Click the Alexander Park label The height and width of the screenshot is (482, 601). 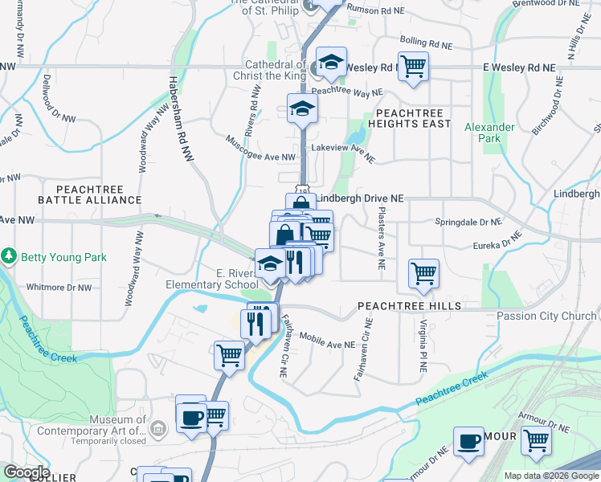pyautogui.click(x=489, y=133)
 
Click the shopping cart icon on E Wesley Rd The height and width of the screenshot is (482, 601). pyautogui.click(x=413, y=67)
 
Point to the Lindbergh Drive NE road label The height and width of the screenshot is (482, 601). pyautogui.click(x=359, y=198)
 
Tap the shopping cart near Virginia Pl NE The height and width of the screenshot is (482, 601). pyautogui.click(x=423, y=273)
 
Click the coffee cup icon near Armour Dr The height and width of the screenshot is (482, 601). pyautogui.click(x=468, y=441)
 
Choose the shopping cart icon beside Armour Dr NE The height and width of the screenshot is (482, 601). pyautogui.click(x=535, y=441)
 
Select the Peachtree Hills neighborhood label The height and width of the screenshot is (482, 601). pyautogui.click(x=409, y=306)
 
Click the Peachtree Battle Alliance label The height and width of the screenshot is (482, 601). pyautogui.click(x=89, y=193)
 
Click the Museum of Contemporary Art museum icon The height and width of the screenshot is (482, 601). pyautogui.click(x=159, y=429)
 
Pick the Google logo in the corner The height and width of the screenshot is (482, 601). pyautogui.click(x=27, y=472)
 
